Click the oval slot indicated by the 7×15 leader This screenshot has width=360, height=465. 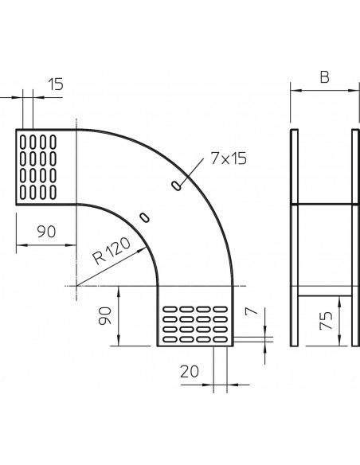(x=175, y=186)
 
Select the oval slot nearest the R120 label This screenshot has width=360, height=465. (x=143, y=217)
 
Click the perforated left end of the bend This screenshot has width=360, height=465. (x=46, y=166)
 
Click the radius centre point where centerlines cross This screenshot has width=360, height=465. (x=77, y=285)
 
